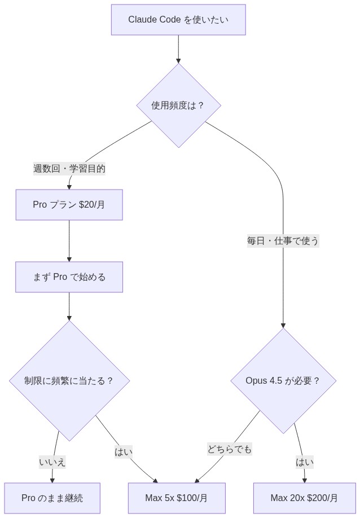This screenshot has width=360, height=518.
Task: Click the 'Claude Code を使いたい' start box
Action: [178, 20]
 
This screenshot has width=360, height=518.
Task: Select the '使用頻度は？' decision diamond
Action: [178, 106]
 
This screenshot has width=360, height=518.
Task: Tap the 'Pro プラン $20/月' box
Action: [69, 205]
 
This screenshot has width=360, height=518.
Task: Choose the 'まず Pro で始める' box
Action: [69, 277]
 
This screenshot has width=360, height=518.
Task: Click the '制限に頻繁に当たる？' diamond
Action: [69, 381]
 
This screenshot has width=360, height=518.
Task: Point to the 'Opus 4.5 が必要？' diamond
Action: [283, 381]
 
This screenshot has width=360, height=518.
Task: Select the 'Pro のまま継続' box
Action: [52, 498]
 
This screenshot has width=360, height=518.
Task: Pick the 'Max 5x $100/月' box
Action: [177, 498]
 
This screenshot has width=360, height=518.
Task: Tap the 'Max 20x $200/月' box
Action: [304, 498]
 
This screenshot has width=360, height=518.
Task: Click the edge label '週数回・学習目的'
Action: [69, 169]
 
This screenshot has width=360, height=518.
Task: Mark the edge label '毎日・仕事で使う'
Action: [283, 241]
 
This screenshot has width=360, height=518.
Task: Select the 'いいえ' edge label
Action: [52, 462]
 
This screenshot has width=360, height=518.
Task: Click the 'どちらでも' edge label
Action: [229, 449]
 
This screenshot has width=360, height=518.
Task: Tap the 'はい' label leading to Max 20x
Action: [304, 462]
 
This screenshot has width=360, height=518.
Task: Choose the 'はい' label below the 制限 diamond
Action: [123, 451]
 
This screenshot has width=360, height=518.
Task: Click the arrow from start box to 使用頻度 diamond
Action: [178, 49]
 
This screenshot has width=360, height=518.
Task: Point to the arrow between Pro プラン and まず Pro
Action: [69, 241]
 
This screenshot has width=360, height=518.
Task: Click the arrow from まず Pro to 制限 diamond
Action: [69, 306]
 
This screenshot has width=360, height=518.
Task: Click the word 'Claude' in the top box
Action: [142, 20]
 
